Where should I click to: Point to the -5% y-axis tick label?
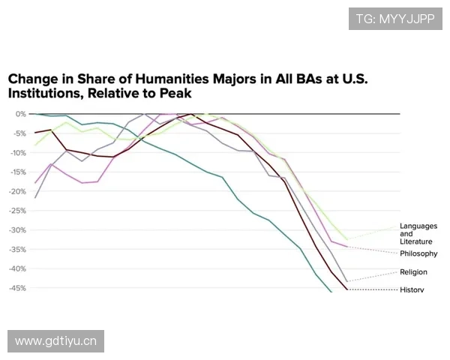pyautogui.click(x=19, y=133)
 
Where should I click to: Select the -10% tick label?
pyautogui.click(x=18, y=153)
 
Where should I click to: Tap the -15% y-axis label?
pyautogui.click(x=18, y=172)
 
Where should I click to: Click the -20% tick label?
pyautogui.click(x=18, y=191)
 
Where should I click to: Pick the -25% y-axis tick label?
pyautogui.click(x=18, y=211)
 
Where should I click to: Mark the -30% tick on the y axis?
pyautogui.click(x=18, y=230)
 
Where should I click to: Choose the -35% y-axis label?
pyautogui.click(x=18, y=250)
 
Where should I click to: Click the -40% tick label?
pyautogui.click(x=18, y=268)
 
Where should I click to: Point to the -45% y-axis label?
pyautogui.click(x=18, y=288)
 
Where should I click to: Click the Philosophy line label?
pyautogui.click(x=418, y=254)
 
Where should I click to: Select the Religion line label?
pyautogui.click(x=413, y=272)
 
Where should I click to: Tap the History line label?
pyautogui.click(x=412, y=289)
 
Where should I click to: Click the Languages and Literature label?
pyautogui.click(x=416, y=234)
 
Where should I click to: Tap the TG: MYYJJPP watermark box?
pyautogui.click(x=394, y=19)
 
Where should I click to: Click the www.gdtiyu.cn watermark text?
pyautogui.click(x=56, y=342)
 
